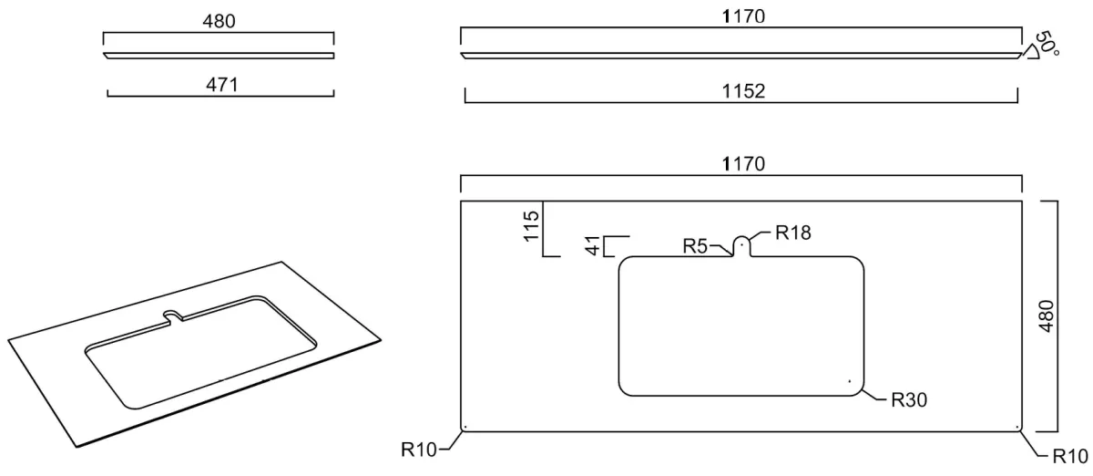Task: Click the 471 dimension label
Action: click(x=222, y=85)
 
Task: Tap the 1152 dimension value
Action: click(x=743, y=91)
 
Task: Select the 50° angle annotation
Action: click(x=1047, y=44)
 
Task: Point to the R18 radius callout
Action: click(x=793, y=233)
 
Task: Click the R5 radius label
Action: click(x=695, y=246)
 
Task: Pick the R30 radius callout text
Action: click(x=909, y=400)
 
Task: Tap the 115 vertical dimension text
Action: click(x=531, y=226)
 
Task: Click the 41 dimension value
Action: click(x=592, y=245)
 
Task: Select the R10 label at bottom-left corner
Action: click(x=419, y=450)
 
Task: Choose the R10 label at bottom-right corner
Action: click(x=1070, y=457)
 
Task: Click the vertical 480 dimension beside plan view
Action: click(x=1047, y=316)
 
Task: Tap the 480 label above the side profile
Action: click(x=219, y=22)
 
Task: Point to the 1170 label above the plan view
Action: click(x=743, y=164)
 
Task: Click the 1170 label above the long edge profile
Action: click(x=743, y=16)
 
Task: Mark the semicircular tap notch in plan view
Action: click(x=741, y=237)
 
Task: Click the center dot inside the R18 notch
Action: click(x=741, y=243)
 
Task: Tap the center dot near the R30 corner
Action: click(x=850, y=381)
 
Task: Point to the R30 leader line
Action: click(x=873, y=397)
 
